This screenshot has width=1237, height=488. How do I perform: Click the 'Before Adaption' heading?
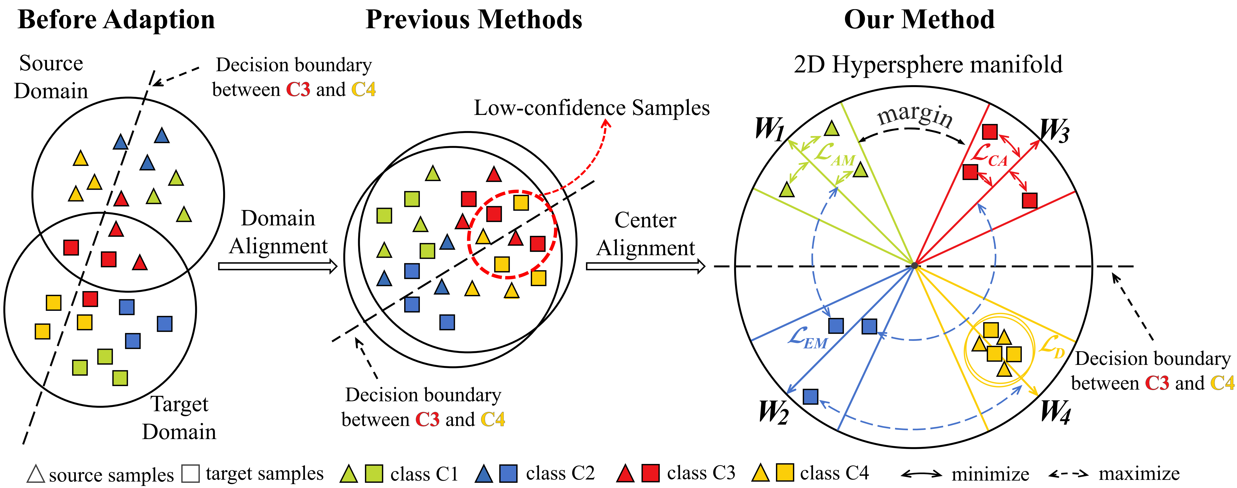(116, 20)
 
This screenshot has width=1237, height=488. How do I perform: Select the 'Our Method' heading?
(919, 20)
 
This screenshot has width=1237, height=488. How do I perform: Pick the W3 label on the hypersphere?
(1054, 131)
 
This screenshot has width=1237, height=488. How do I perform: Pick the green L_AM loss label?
(835, 155)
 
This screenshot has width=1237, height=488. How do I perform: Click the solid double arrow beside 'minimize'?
(921, 474)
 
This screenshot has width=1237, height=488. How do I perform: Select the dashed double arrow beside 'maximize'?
(1068, 474)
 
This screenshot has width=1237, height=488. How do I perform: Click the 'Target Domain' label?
(179, 418)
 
